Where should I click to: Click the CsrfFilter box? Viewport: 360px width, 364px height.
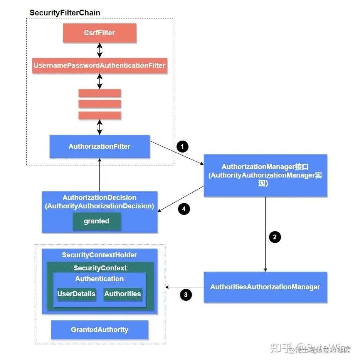point(99,33)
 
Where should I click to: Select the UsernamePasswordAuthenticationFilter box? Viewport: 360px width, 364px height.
point(99,65)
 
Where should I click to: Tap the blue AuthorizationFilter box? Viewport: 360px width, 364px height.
point(99,146)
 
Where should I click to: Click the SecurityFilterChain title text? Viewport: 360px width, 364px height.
point(65,13)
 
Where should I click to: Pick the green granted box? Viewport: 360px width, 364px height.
point(97,221)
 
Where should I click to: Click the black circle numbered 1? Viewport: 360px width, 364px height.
point(182,146)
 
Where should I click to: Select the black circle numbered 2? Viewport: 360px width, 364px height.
point(274,237)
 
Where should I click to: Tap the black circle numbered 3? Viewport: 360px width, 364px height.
point(186,295)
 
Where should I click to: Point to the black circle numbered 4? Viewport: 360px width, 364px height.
point(184,209)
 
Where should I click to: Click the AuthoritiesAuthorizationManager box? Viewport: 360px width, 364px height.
point(265,287)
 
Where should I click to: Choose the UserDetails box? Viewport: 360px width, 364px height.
point(76,294)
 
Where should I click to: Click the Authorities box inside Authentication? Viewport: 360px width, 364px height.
point(123,294)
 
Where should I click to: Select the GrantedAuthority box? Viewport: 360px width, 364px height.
point(99,330)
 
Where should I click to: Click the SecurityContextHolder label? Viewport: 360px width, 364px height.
point(99,255)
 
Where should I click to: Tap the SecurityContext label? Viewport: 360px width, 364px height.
point(100,268)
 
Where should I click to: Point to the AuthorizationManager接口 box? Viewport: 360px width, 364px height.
point(265,175)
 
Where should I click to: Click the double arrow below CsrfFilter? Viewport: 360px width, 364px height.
point(99,50)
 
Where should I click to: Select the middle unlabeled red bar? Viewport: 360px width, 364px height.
point(99,104)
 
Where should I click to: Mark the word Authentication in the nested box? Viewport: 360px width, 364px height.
point(99,279)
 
